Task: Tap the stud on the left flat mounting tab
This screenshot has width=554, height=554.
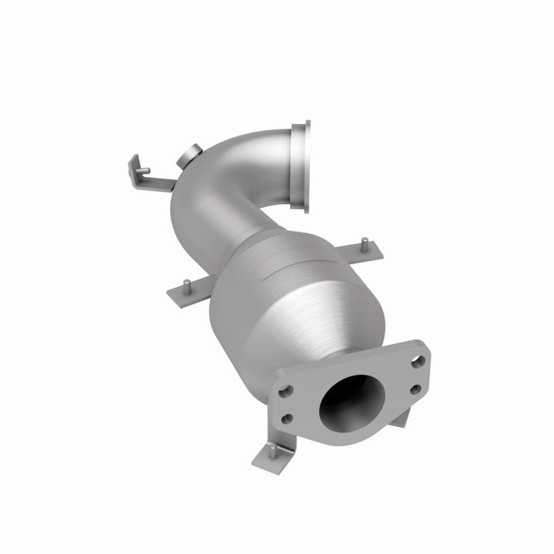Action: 185,283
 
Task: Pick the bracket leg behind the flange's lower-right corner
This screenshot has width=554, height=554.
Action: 400,419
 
